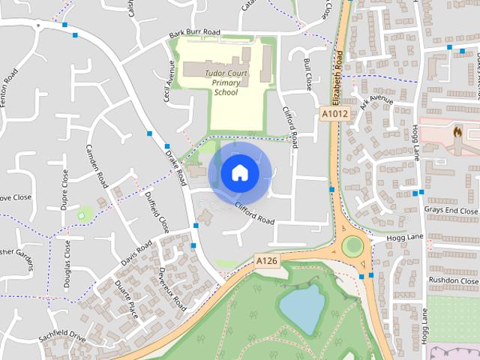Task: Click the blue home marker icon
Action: tap(239, 172)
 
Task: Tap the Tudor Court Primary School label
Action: tap(231, 82)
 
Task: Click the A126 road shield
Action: tap(266, 260)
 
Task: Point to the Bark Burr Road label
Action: tap(194, 32)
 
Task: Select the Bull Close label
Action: tap(307, 73)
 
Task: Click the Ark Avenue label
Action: tap(376, 103)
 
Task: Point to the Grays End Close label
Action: tap(451, 211)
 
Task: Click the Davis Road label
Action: tap(136, 253)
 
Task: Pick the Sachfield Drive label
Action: tap(63, 330)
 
